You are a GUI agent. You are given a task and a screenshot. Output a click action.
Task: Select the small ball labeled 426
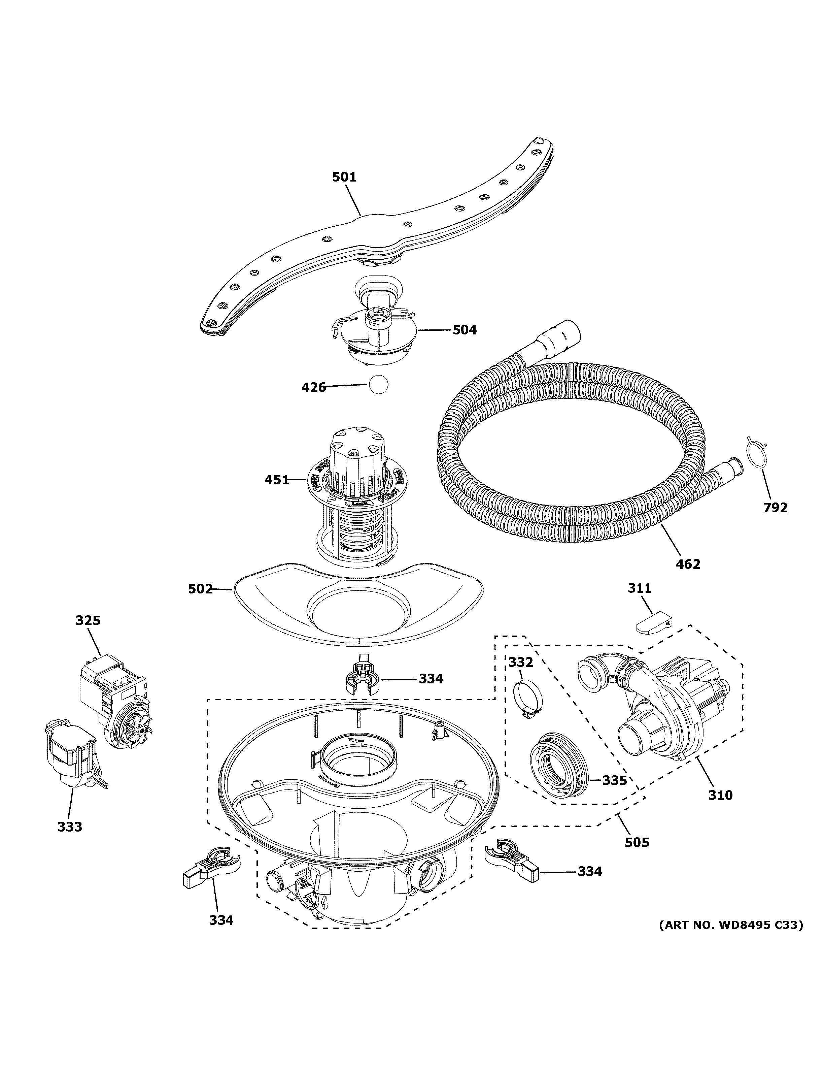(x=378, y=385)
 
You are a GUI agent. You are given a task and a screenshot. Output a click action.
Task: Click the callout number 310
(x=721, y=795)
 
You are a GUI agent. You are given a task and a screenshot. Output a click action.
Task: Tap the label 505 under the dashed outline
(x=637, y=842)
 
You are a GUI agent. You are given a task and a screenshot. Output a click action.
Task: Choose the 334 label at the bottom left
(x=221, y=920)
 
